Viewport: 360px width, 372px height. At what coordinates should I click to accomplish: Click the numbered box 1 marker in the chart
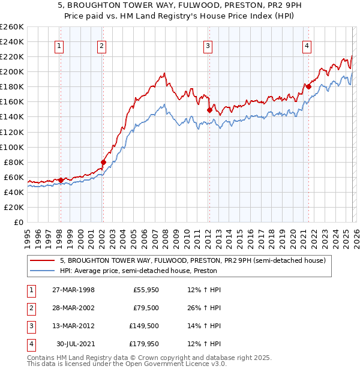[x=61, y=46]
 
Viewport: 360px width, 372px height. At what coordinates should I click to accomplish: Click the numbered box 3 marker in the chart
[x=208, y=46]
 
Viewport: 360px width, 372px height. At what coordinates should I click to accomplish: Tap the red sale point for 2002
[x=103, y=162]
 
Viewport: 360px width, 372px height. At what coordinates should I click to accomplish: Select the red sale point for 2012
[x=209, y=110]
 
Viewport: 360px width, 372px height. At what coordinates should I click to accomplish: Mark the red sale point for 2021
[x=308, y=86]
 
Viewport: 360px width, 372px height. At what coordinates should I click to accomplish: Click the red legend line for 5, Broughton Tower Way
[x=43, y=261]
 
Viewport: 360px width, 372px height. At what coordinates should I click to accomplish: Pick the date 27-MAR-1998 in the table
[x=73, y=290]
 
